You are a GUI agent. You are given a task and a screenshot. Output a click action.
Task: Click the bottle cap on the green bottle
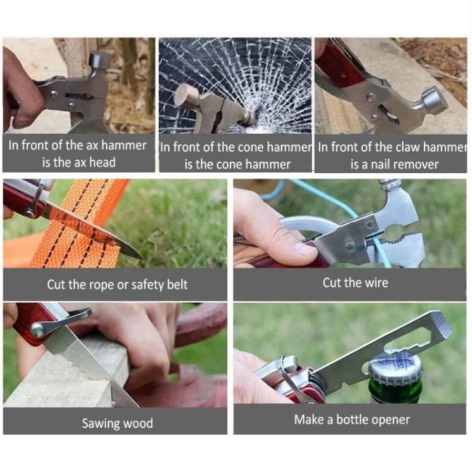pyautogui.click(x=395, y=369)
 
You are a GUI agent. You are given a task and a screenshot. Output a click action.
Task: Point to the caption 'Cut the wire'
pyautogui.click(x=355, y=283)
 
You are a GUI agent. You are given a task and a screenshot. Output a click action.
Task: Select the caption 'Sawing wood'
pyautogui.click(x=117, y=422)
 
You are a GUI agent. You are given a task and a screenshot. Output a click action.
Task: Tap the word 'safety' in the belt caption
pyautogui.click(x=147, y=285)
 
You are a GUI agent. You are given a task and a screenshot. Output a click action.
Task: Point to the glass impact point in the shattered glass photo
pyautogui.click(x=256, y=117)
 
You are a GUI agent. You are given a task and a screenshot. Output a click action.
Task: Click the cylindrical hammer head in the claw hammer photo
pyautogui.click(x=435, y=101)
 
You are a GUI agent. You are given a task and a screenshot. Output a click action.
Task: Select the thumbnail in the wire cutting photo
pyautogui.click(x=305, y=249)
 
